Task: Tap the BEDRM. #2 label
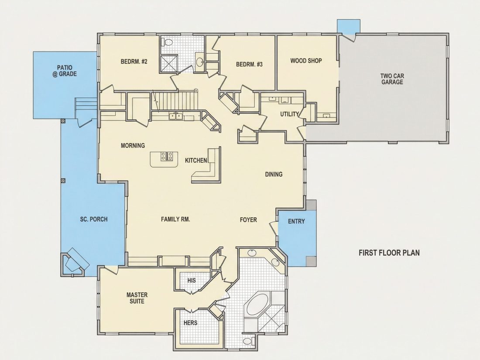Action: pos(134,62)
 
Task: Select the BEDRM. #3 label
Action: pos(249,64)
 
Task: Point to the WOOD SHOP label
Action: pos(306,61)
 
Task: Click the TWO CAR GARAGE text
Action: pos(392,79)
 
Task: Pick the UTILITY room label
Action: pos(290,114)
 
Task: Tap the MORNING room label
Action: pos(133,145)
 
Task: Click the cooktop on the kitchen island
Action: pos(167,156)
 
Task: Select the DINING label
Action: pos(274,174)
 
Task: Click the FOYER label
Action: pos(248,220)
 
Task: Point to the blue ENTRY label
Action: pos(296,221)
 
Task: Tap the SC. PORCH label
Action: pos(94,219)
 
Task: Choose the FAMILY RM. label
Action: pos(175,219)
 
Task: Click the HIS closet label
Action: pos(192,281)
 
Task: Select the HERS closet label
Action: pos(190,322)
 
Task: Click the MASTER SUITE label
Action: pos(137,298)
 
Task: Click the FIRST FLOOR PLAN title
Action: pos(389,253)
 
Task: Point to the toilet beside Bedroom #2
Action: pos(167,42)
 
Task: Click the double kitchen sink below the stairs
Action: pos(175,117)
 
